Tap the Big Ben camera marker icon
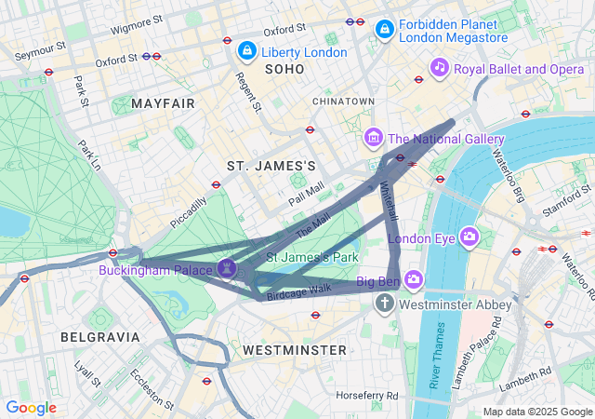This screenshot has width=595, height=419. [414, 278]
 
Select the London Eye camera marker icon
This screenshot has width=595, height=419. [469, 237]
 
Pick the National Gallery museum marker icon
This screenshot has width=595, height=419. [374, 139]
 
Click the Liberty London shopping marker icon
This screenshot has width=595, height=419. [246, 50]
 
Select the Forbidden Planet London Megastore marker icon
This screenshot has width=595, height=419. [383, 30]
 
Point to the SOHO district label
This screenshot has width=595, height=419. [284, 70]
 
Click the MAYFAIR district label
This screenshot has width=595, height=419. [163, 102]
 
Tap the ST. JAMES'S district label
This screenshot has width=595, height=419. [271, 165]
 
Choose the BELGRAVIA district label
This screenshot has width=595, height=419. [99, 336]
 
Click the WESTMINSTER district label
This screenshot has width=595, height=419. [294, 350]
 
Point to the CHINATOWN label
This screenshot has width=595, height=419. [343, 101]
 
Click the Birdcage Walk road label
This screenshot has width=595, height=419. [298, 290]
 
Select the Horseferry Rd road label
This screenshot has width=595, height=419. [367, 395]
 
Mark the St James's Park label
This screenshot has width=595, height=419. [312, 256]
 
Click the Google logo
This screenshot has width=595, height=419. [31, 408]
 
